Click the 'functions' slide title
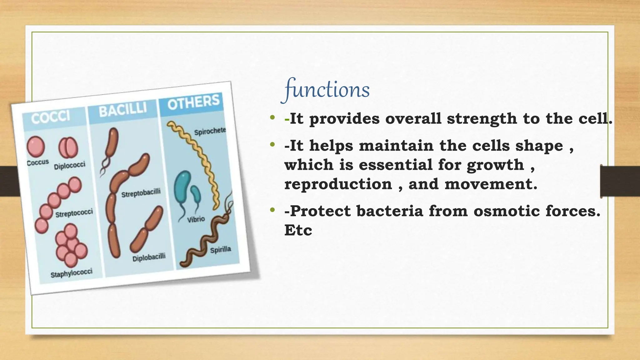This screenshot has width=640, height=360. point(327,90)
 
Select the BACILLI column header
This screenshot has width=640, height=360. point(122,109)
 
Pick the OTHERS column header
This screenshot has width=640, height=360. point(193,102)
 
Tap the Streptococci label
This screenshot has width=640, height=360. point(74,213)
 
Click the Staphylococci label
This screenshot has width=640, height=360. point(71,273)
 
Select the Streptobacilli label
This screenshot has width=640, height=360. point(141,193)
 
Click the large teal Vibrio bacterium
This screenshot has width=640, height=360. point(182,187)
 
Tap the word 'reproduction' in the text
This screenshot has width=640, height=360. point(338,184)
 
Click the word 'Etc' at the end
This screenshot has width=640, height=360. point(298,231)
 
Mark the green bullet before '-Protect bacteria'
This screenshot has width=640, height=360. point(272,210)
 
